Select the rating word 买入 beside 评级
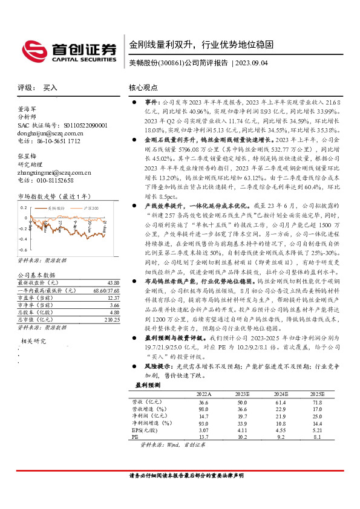tap(50, 88)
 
